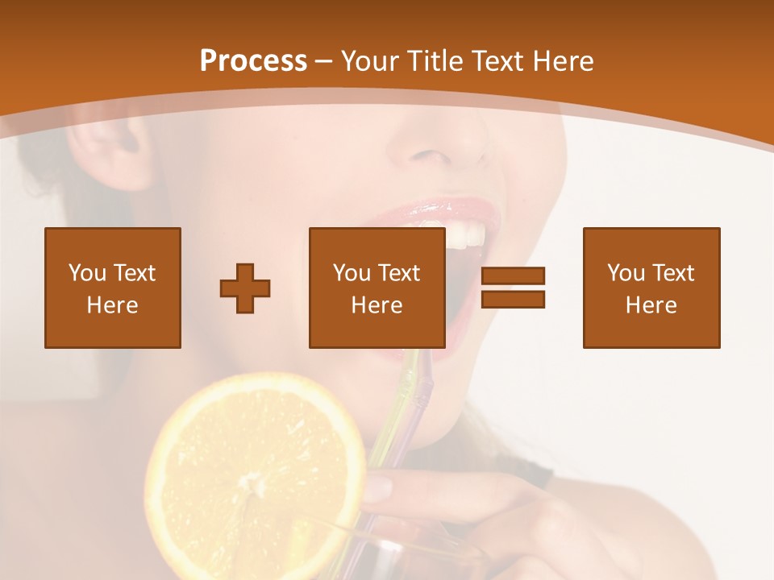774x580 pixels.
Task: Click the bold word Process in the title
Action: [x=253, y=61]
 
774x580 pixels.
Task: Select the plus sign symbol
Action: [x=245, y=288]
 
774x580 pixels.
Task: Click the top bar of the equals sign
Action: [x=513, y=276]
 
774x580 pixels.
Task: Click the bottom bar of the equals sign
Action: [x=513, y=300]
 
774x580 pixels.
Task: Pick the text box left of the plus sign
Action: [x=112, y=288]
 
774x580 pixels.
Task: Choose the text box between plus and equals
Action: [x=377, y=288]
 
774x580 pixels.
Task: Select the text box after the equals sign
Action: [x=651, y=288]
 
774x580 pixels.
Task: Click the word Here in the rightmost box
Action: [x=651, y=305]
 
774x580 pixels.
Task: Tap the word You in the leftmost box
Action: [x=85, y=272]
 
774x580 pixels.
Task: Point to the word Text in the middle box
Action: [x=399, y=272]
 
